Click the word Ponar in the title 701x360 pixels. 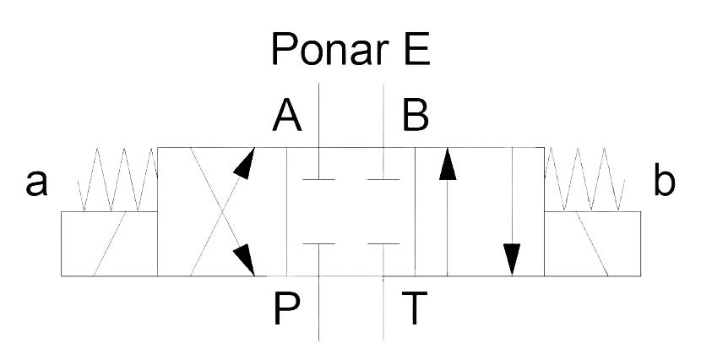tap(328, 49)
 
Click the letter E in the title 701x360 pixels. tap(416, 48)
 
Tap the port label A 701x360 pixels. tap(287, 115)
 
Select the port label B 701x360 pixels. tap(416, 115)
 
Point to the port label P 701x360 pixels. tap(286, 308)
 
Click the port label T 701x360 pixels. tap(415, 308)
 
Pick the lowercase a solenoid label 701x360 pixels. tap(36, 183)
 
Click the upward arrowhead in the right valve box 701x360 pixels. tap(448, 164)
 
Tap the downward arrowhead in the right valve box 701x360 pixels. tap(512, 259)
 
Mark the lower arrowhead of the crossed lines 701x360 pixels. tap(245, 259)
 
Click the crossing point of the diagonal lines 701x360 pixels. tap(222, 212)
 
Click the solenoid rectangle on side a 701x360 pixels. tap(109, 243)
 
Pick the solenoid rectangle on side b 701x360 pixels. tap(592, 243)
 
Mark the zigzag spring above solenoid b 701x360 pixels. tap(584, 179)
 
